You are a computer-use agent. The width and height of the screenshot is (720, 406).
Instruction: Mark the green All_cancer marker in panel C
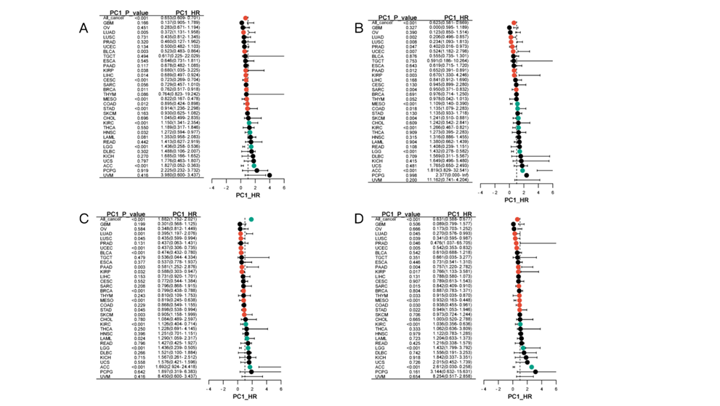click(251, 219)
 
